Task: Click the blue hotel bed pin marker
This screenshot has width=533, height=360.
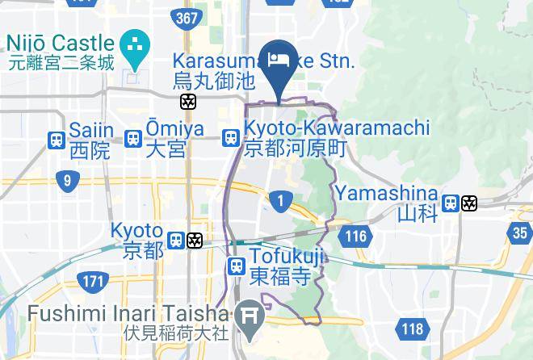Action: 279,65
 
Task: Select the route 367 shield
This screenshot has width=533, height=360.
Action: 188,17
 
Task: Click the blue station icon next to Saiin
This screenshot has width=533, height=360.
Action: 57,139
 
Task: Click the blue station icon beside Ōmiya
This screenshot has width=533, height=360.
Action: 134,139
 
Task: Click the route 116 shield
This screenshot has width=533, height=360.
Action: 354,237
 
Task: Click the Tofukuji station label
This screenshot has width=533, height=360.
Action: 279,267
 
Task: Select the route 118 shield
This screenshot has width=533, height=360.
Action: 412,329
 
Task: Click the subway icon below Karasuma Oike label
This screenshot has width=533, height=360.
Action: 188,102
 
